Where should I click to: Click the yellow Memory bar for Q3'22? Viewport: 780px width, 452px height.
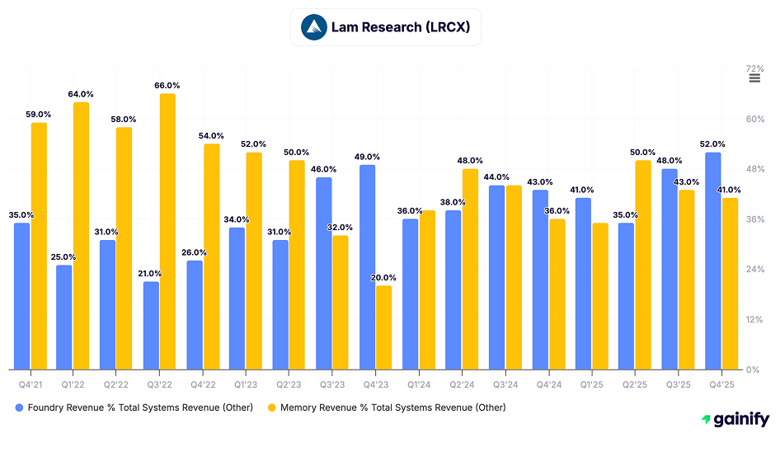(167, 231)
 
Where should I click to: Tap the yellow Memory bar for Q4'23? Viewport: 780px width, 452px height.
(383, 327)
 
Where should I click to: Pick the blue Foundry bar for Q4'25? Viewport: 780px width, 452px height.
(713, 261)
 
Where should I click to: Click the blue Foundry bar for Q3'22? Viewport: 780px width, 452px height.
(151, 325)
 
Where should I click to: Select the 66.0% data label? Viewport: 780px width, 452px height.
(167, 86)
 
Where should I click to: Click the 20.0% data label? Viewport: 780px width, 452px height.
(383, 278)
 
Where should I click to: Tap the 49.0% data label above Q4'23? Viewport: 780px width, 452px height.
(367, 157)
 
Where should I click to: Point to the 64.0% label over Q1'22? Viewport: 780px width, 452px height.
(81, 94)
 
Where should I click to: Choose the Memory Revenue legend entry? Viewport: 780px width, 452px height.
(387, 407)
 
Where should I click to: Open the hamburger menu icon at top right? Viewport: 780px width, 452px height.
(754, 78)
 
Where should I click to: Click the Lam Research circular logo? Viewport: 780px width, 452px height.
(313, 27)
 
